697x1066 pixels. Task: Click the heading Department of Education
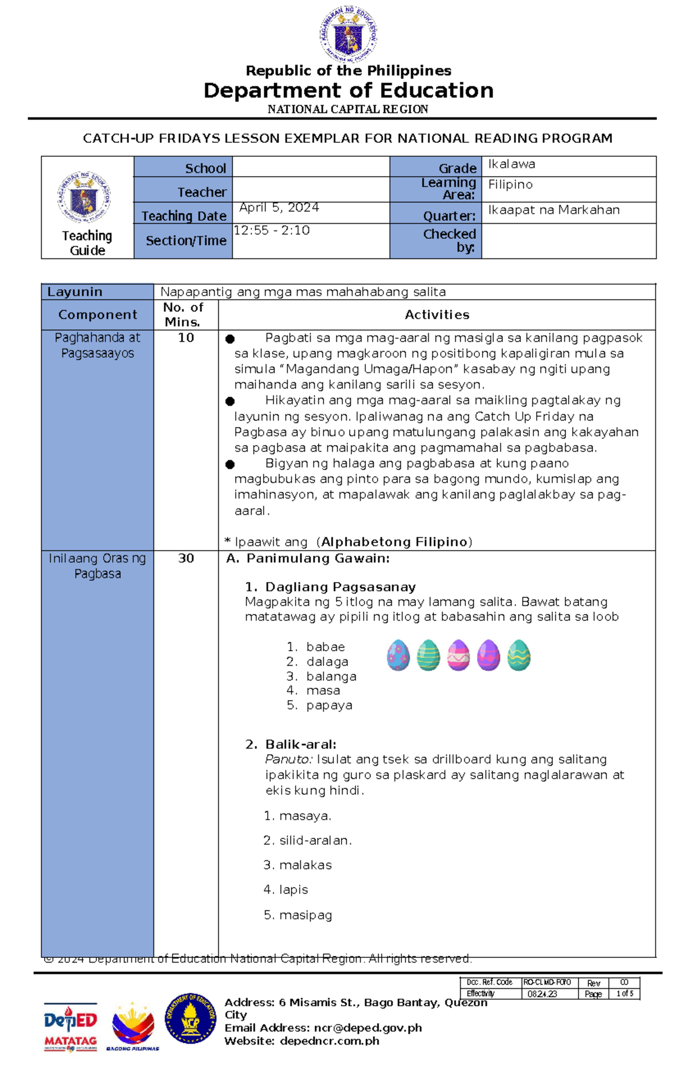pyautogui.click(x=348, y=91)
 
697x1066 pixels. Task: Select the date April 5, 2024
pyautogui.click(x=279, y=207)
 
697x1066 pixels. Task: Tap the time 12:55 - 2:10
pyautogui.click(x=271, y=230)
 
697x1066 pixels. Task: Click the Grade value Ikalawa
pyautogui.click(x=511, y=164)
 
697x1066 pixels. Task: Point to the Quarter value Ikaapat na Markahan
pyautogui.click(x=554, y=210)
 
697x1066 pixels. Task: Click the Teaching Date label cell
pyautogui.click(x=184, y=216)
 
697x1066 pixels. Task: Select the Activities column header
pyautogui.click(x=437, y=315)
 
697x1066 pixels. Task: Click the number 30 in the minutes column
pyautogui.click(x=186, y=558)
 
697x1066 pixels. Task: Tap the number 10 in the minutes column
pyautogui.click(x=186, y=338)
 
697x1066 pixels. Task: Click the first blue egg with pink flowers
pyautogui.click(x=398, y=655)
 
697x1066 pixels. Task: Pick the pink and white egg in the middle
pyautogui.click(x=458, y=655)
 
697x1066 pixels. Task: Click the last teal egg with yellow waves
pyautogui.click(x=519, y=655)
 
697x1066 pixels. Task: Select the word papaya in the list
pyautogui.click(x=329, y=705)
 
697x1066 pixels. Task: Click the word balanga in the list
pyautogui.click(x=331, y=676)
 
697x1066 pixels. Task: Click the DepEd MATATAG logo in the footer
pyautogui.click(x=70, y=1027)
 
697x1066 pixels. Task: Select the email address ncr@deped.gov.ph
pyautogui.click(x=368, y=1028)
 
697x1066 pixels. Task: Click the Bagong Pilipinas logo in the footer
pyautogui.click(x=133, y=1027)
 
